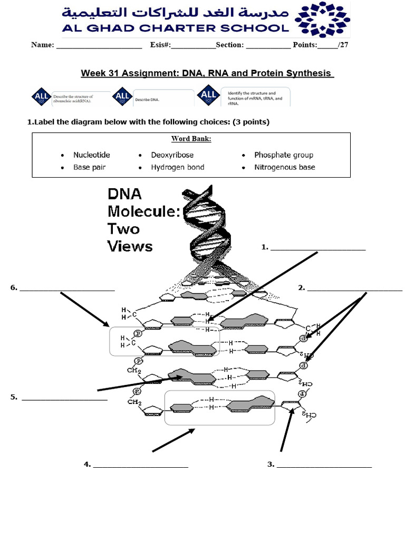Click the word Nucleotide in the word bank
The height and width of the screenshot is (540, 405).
91,155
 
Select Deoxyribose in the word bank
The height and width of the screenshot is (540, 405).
172,155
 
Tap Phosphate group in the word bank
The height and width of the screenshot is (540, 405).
283,155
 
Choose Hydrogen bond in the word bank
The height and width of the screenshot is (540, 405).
177,167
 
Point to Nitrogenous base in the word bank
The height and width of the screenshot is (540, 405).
284,167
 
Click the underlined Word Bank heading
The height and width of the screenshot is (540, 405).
191,139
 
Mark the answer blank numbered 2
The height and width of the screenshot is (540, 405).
354,289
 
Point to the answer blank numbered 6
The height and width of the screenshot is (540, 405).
67,289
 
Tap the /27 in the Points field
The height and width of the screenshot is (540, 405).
343,45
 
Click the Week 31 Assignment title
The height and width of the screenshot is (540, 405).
207,73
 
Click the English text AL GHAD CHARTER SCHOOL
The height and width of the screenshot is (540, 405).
176,28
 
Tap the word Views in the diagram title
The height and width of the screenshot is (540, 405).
130,246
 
